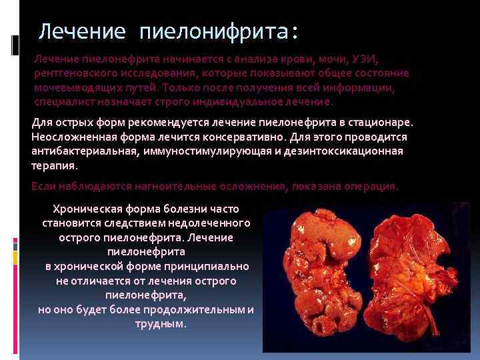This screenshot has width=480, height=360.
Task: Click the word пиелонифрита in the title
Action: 219,31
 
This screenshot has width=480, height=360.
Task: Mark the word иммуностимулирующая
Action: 203,151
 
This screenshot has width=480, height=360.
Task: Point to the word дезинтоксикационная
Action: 347,151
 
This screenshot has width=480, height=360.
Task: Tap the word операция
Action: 371,187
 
